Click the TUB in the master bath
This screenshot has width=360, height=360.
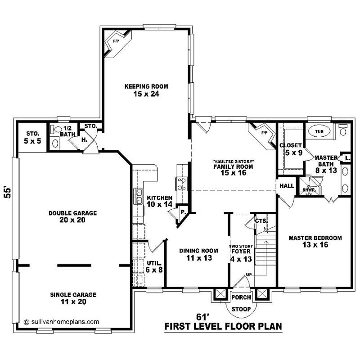click(x=319, y=132)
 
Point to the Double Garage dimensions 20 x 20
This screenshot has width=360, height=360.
click(x=67, y=220)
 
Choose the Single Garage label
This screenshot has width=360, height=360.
click(x=67, y=295)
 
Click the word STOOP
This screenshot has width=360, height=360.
click(x=241, y=309)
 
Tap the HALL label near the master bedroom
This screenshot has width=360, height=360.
click(x=287, y=186)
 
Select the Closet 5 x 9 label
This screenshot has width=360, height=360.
click(x=291, y=149)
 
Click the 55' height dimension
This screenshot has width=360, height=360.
click(x=7, y=192)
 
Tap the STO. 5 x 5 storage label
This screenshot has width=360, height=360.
click(x=32, y=137)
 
